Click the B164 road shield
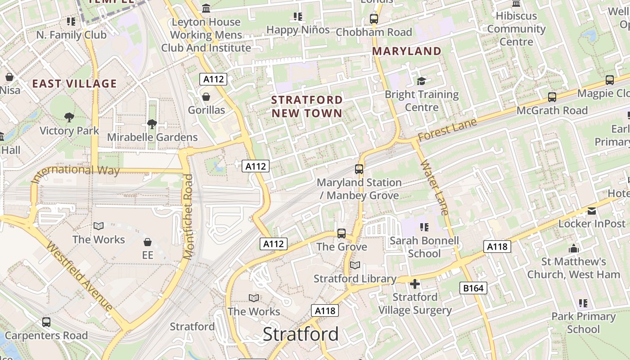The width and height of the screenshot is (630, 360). (x=473, y=288)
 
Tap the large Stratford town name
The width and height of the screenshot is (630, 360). (x=301, y=334)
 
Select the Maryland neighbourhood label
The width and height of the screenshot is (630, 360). (x=407, y=51)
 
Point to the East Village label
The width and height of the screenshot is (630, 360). (x=75, y=84)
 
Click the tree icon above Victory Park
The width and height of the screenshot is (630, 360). (x=69, y=117)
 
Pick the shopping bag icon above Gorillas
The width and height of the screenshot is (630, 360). (x=206, y=97)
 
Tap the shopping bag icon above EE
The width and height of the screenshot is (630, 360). (x=148, y=242)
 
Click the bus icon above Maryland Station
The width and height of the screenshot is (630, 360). (x=359, y=169)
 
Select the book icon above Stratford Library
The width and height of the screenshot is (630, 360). (x=355, y=265)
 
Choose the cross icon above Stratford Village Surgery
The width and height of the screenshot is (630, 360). (x=415, y=284)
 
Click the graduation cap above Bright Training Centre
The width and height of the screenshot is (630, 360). (x=421, y=81)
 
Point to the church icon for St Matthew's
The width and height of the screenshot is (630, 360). (x=573, y=248)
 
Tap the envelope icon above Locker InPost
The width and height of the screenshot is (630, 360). (x=591, y=211)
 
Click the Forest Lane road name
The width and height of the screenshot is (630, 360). (x=447, y=130)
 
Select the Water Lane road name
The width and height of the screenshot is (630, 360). (x=435, y=187)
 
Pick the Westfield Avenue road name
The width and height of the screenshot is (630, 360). (x=80, y=277)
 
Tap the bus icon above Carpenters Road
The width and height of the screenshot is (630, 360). (x=46, y=322)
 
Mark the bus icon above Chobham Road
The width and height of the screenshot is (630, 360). (x=373, y=19)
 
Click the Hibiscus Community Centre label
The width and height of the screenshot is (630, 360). (x=516, y=29)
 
